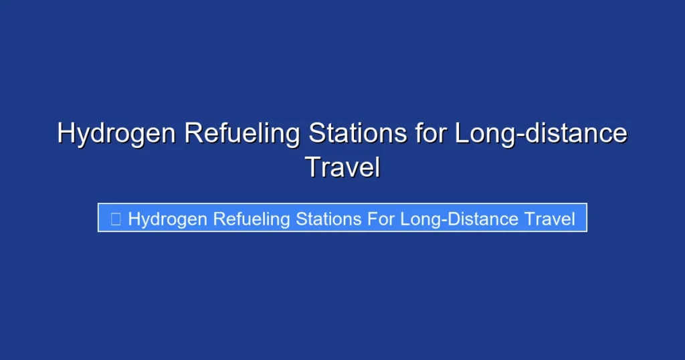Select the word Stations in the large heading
[357, 134]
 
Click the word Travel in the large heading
[342, 167]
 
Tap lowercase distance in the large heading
[575, 134]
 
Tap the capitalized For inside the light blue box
[381, 219]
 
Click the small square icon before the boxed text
[116, 219]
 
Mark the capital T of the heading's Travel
[312, 167]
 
